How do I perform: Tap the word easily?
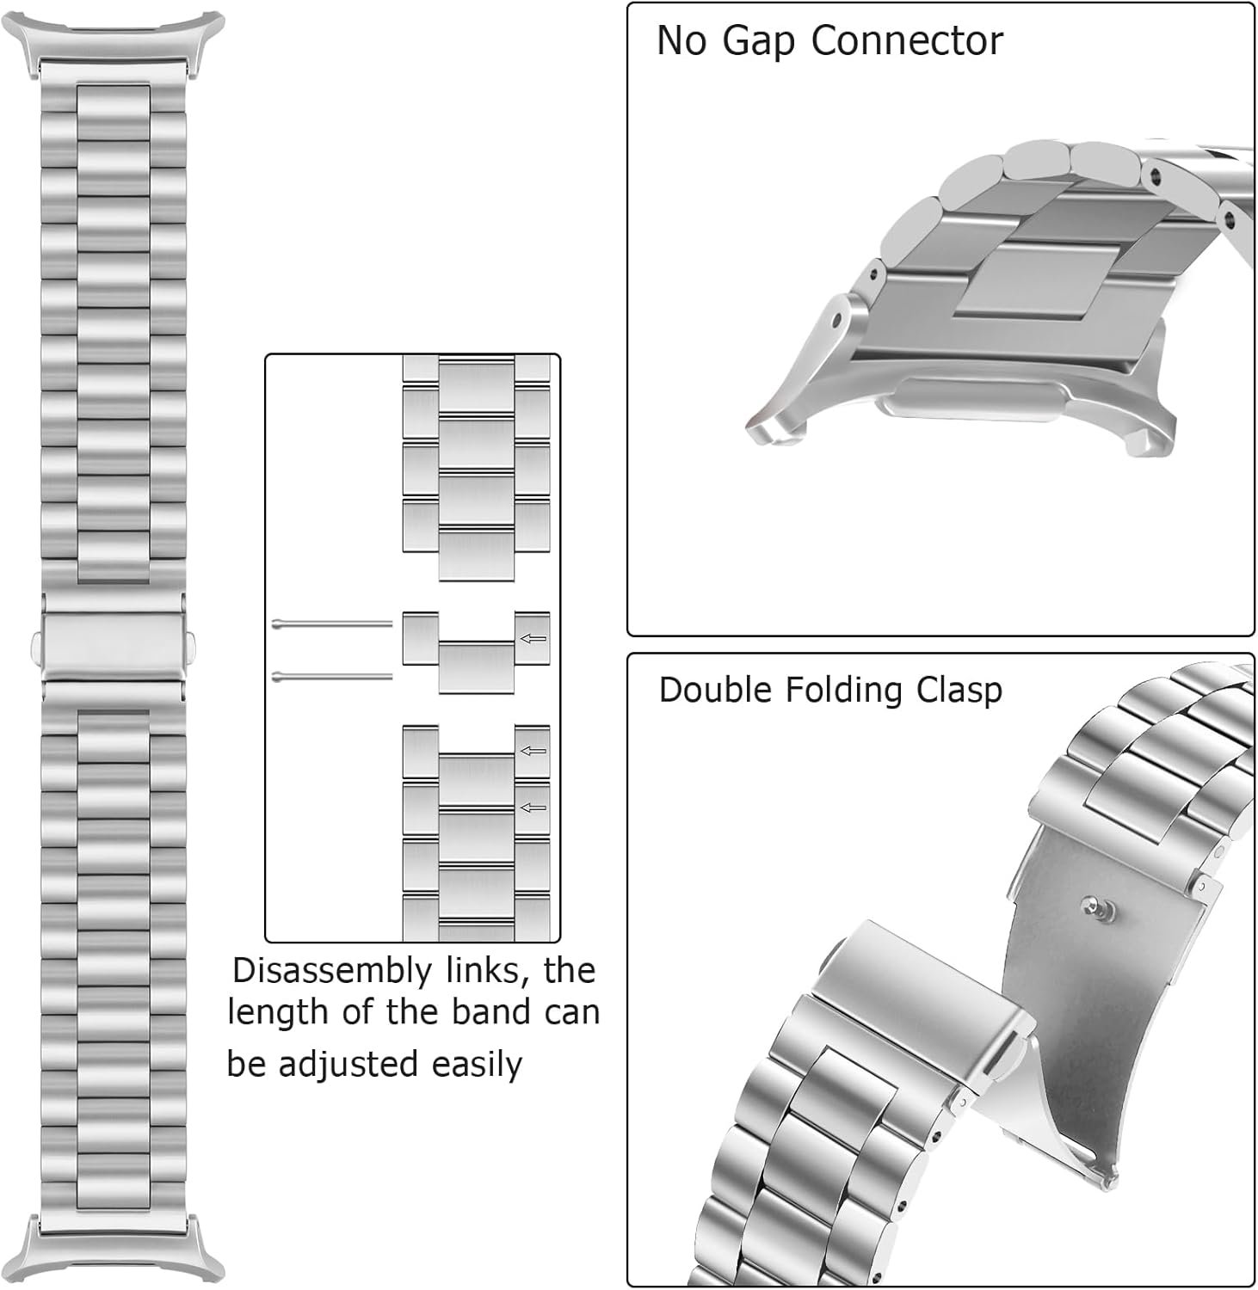(477, 1065)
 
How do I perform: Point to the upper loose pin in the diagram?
(331, 623)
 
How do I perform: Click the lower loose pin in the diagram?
(331, 677)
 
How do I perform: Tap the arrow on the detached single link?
(533, 639)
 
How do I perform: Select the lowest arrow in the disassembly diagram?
(533, 808)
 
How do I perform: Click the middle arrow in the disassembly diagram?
(533, 751)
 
